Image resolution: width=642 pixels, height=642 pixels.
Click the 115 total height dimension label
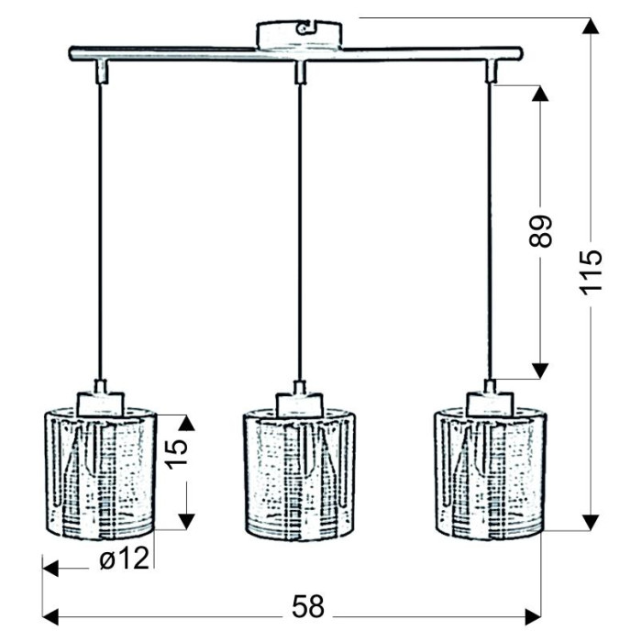[x=591, y=271]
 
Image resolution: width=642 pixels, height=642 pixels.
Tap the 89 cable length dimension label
[x=540, y=231]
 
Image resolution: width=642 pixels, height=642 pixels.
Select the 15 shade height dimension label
[x=176, y=454]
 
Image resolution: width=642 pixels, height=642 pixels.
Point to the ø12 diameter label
[x=124, y=558]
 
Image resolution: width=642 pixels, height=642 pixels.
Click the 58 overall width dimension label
[x=308, y=606]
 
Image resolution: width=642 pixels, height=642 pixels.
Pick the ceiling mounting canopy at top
[x=299, y=35]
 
